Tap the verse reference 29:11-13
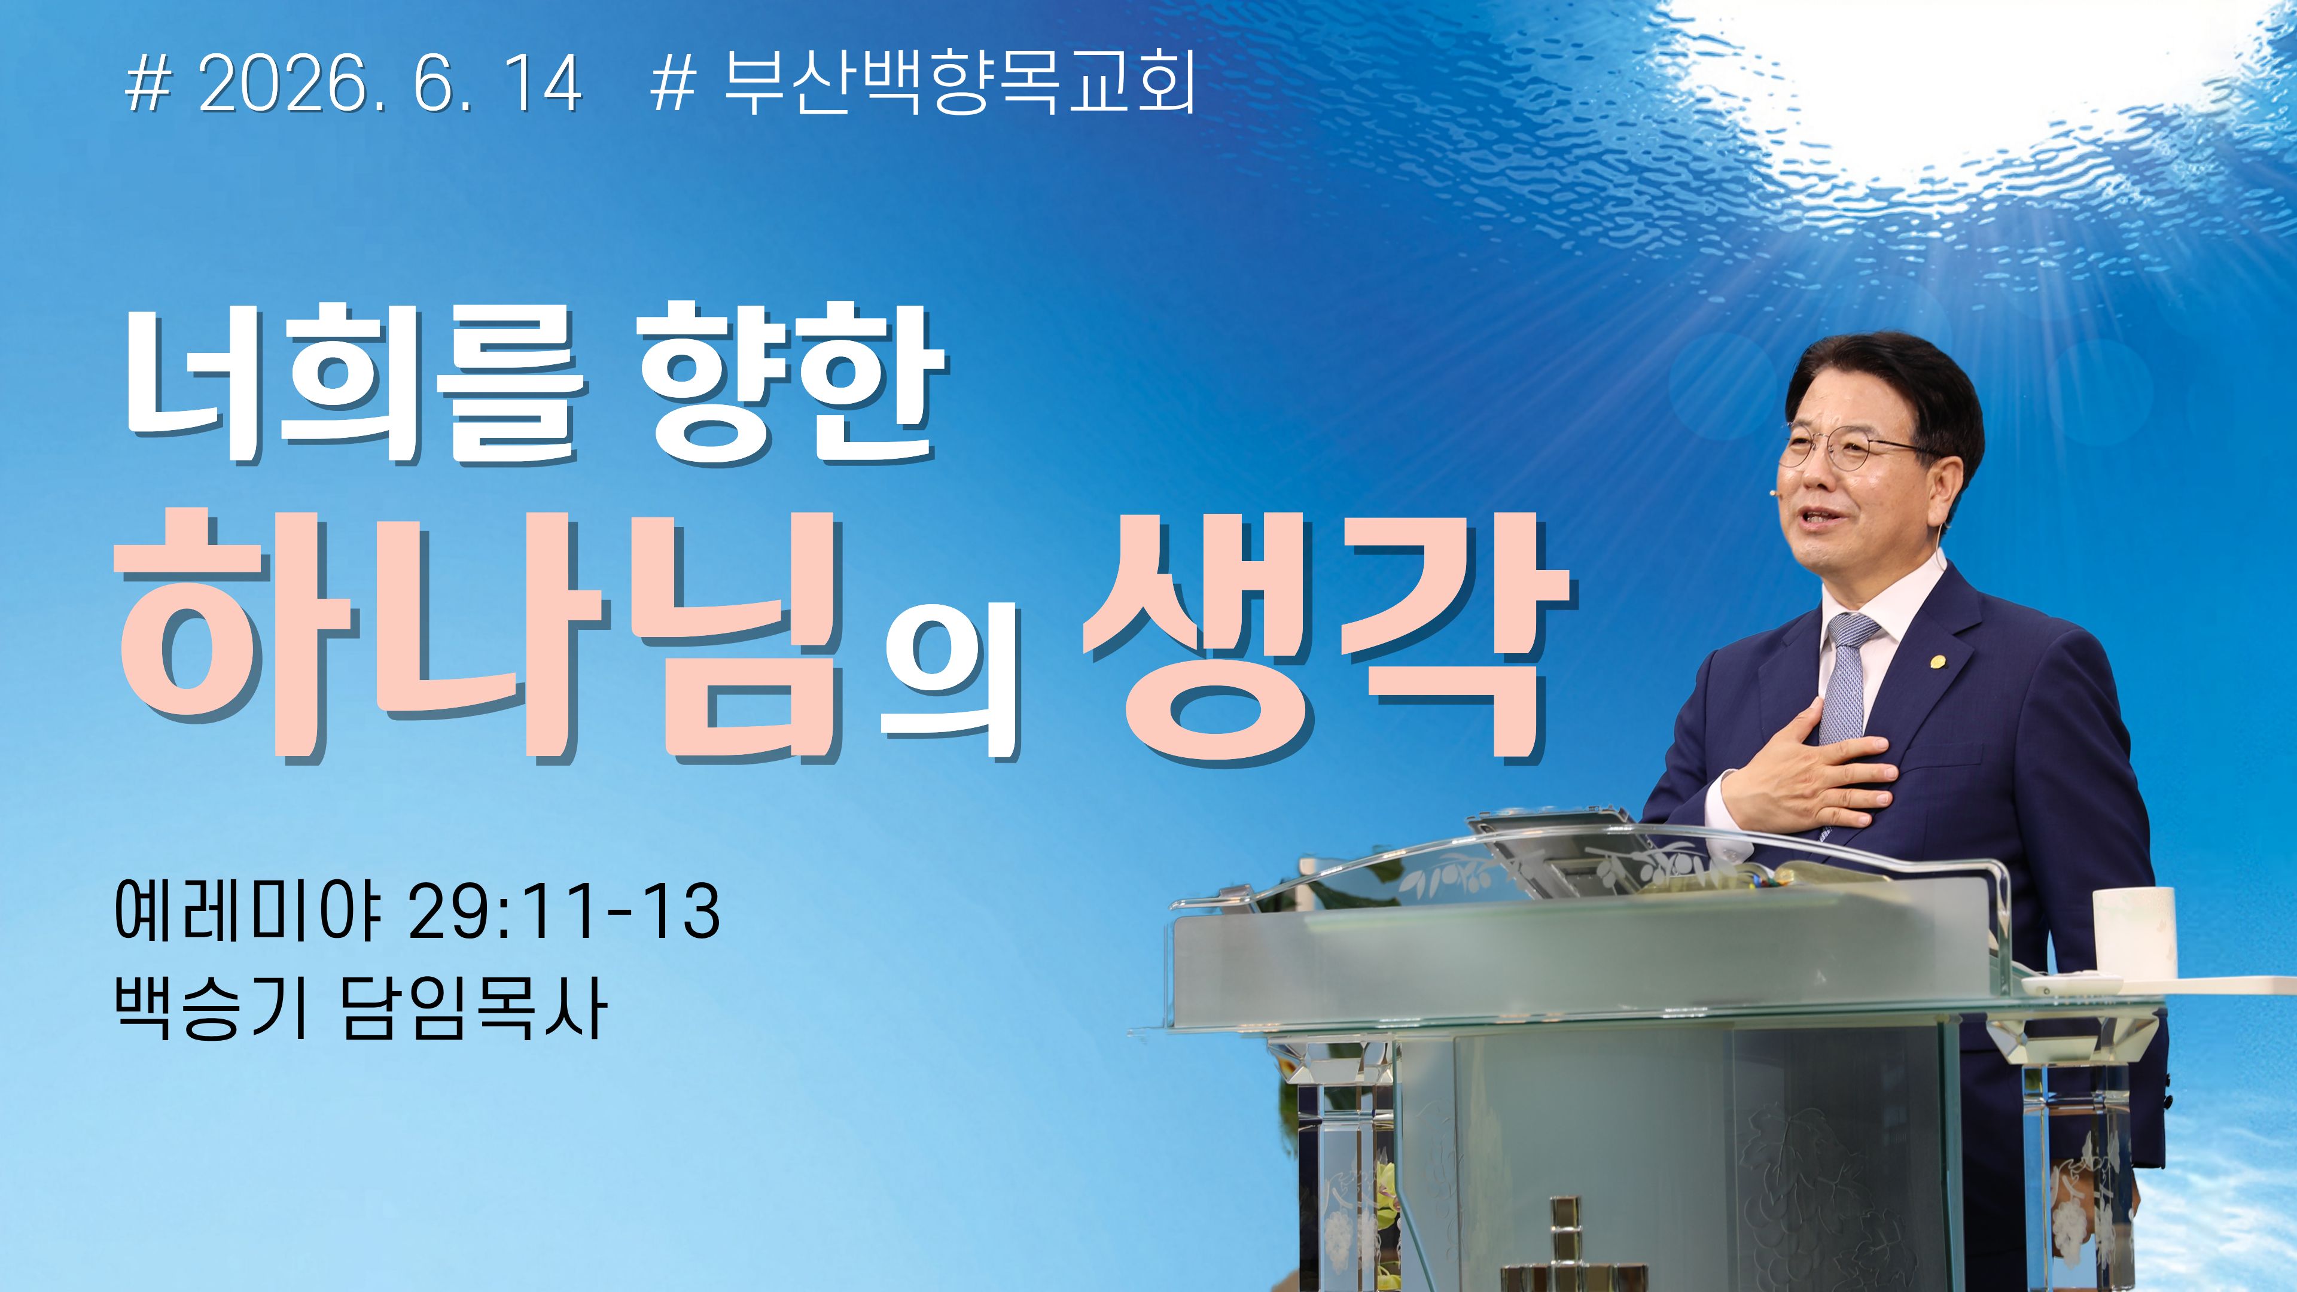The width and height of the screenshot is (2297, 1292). click(563, 911)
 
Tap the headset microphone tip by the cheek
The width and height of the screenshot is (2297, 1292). click(1776, 489)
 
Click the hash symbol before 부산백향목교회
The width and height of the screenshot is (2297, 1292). click(674, 86)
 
